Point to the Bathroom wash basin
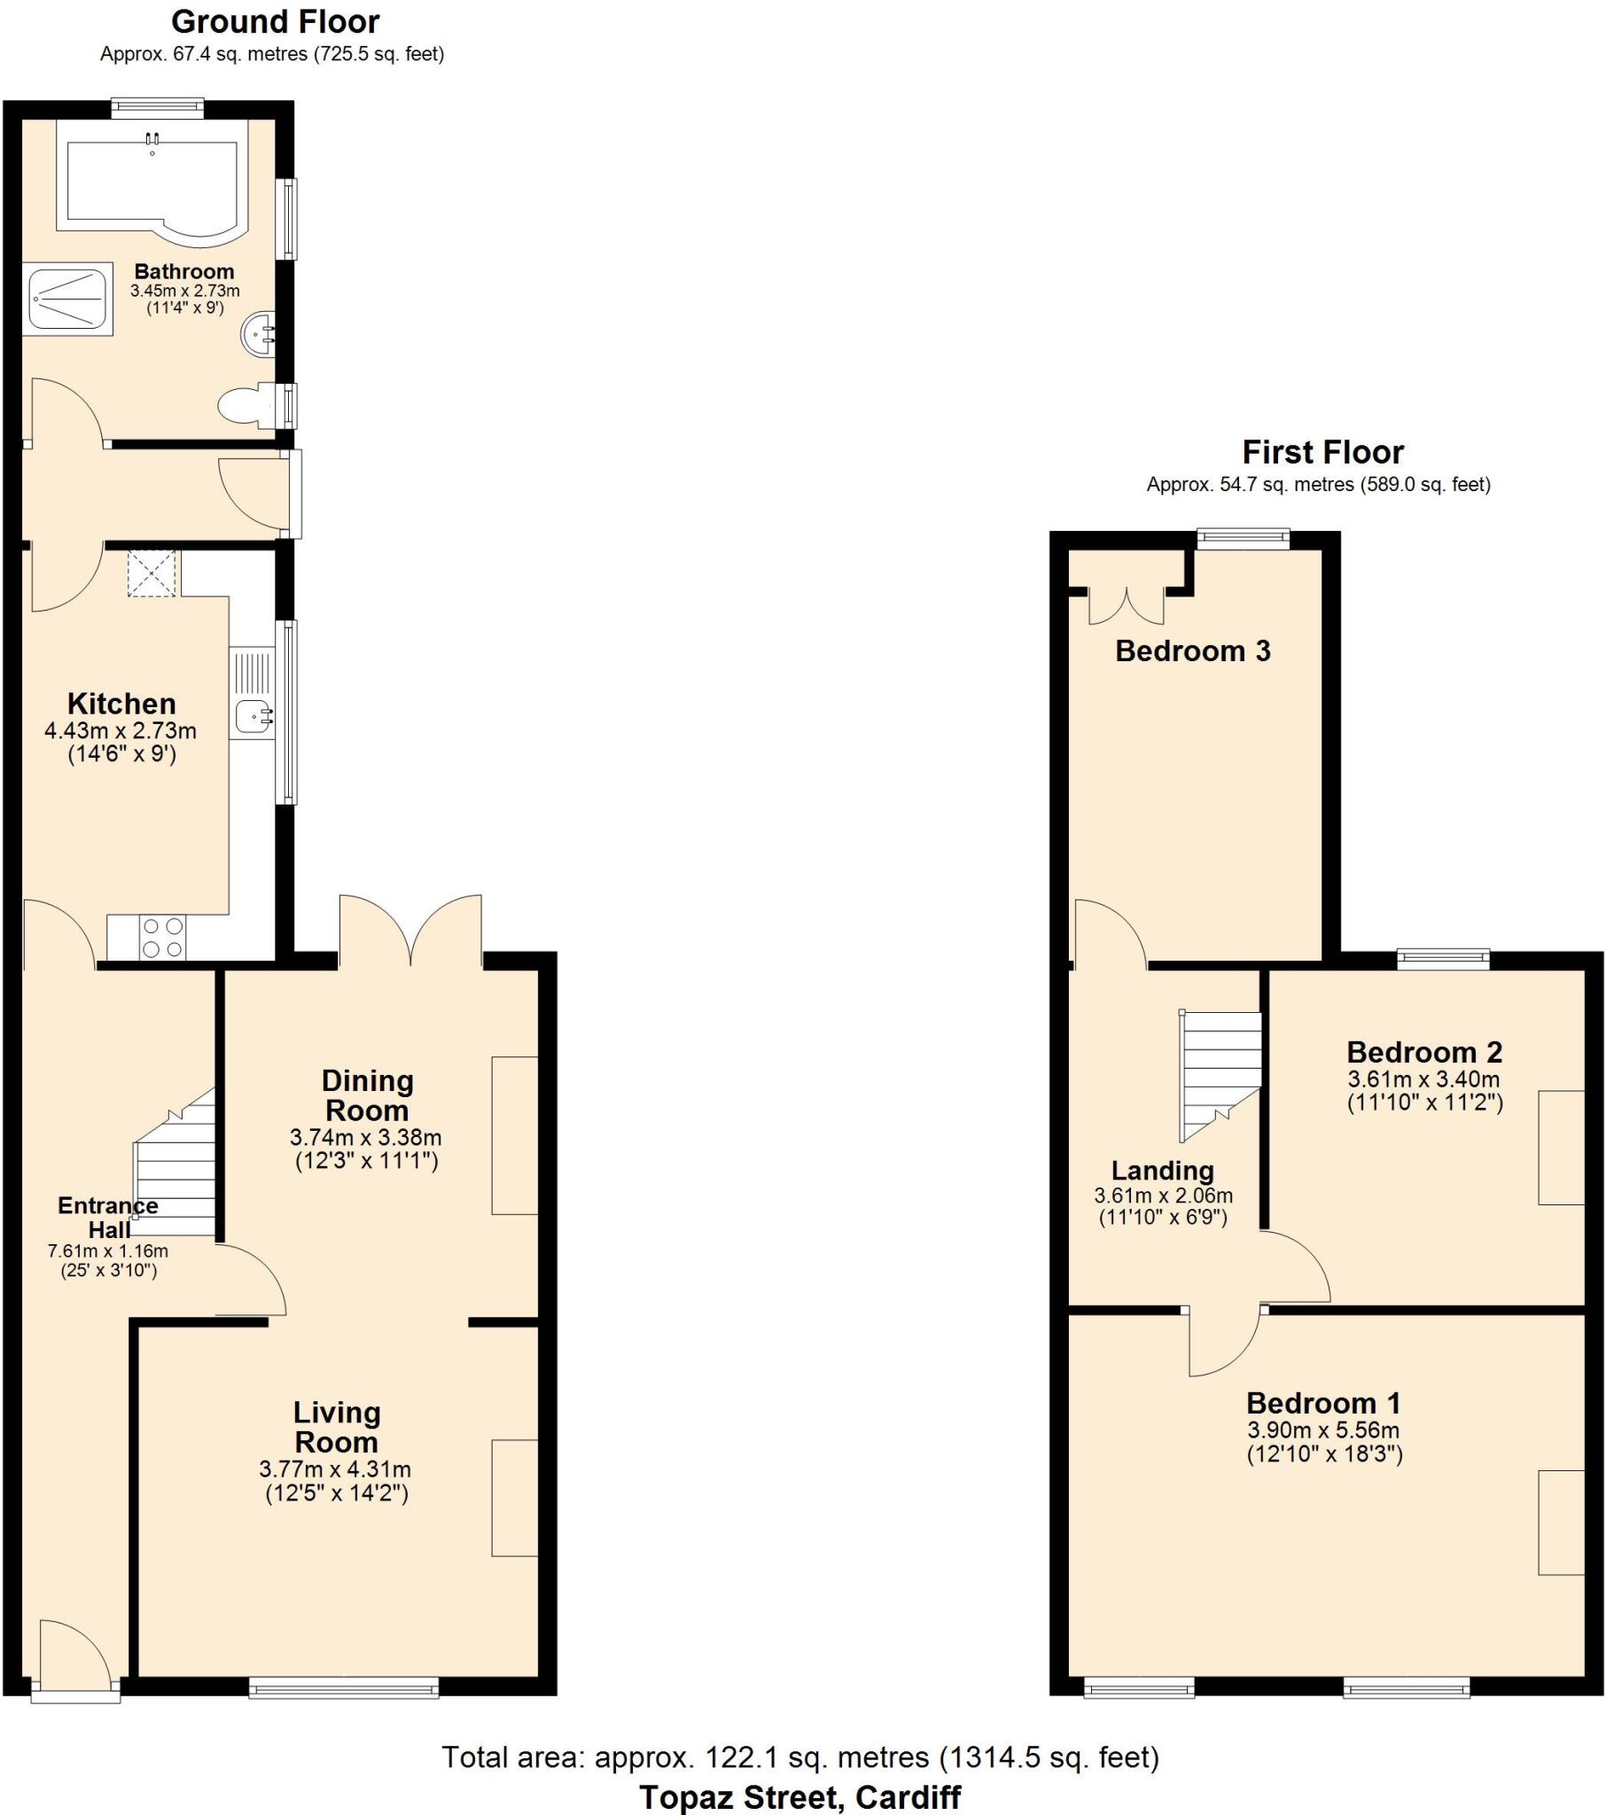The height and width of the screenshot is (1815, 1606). pyautogui.click(x=259, y=336)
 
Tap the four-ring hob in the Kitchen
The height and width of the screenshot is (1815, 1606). pyautogui.click(x=162, y=938)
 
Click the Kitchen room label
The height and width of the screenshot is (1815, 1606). pyautogui.click(x=121, y=705)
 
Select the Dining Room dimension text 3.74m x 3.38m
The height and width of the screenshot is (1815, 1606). pyautogui.click(x=365, y=1138)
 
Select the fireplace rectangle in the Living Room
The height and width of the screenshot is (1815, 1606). pyautogui.click(x=514, y=1498)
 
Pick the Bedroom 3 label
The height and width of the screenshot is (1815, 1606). pyautogui.click(x=1192, y=650)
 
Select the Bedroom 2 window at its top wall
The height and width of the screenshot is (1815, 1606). pyautogui.click(x=1443, y=958)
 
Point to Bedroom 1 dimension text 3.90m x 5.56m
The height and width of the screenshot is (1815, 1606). pyautogui.click(x=1322, y=1430)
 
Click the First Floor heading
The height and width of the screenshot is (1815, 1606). pyautogui.click(x=1321, y=453)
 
